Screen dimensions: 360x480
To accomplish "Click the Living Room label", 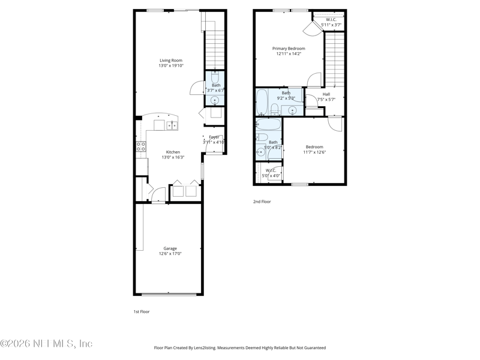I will (x=171, y=60).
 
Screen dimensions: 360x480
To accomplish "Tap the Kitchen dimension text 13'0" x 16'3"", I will (x=173, y=157).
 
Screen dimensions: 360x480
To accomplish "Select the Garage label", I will (x=170, y=248).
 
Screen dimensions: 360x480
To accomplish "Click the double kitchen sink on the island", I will (x=172, y=125).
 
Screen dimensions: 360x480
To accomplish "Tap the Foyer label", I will (x=214, y=137).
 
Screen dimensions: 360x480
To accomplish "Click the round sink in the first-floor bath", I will (x=214, y=100).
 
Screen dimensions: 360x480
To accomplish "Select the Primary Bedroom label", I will (x=289, y=49).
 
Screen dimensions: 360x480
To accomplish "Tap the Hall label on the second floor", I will (x=326, y=94).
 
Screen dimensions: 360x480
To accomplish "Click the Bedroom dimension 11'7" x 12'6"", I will (x=314, y=152).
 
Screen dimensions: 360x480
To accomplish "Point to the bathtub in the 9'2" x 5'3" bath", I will (x=262, y=103).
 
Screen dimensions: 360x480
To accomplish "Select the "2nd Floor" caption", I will (x=262, y=202).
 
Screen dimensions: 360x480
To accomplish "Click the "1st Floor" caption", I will (x=142, y=312).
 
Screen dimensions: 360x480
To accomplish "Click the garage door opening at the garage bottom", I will (x=169, y=294).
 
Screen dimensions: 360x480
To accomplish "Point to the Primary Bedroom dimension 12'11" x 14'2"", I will (x=289, y=54).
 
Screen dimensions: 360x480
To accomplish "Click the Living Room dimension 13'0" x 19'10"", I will (x=171, y=65).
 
